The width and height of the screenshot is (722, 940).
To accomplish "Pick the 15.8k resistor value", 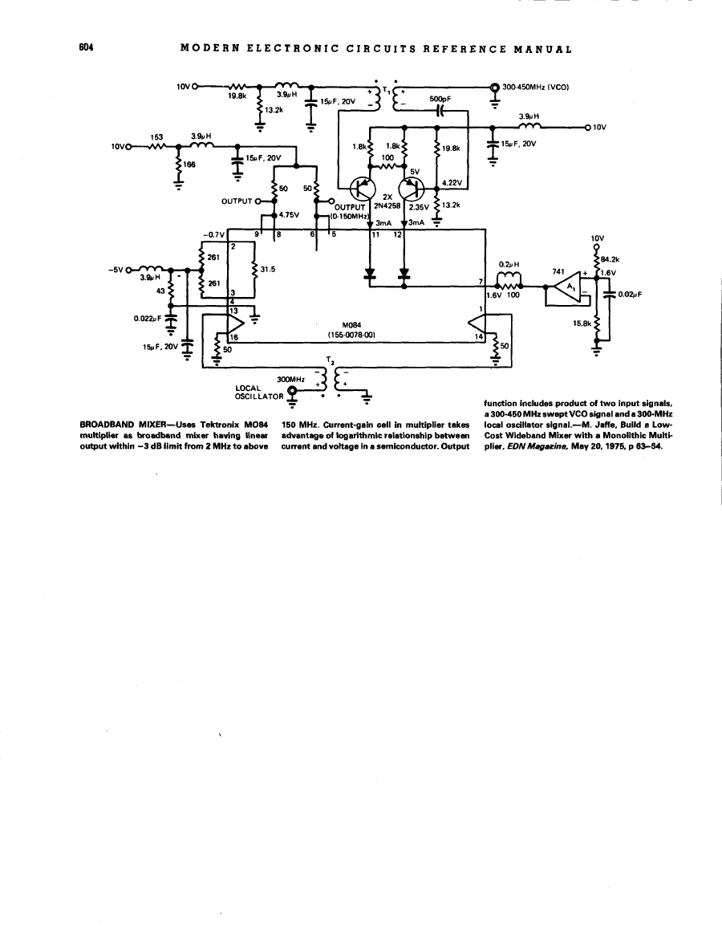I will coord(581,323).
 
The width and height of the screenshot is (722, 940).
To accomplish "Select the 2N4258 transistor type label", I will coord(387,205).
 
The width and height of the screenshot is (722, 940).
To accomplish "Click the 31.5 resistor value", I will coord(268,270).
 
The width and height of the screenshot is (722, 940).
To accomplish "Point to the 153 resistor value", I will coord(157,136).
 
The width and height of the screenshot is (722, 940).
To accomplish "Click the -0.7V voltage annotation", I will coord(213,234).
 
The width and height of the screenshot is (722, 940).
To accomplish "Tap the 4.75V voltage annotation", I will coord(290,214).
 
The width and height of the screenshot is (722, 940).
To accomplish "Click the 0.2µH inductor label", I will coord(510,263).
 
